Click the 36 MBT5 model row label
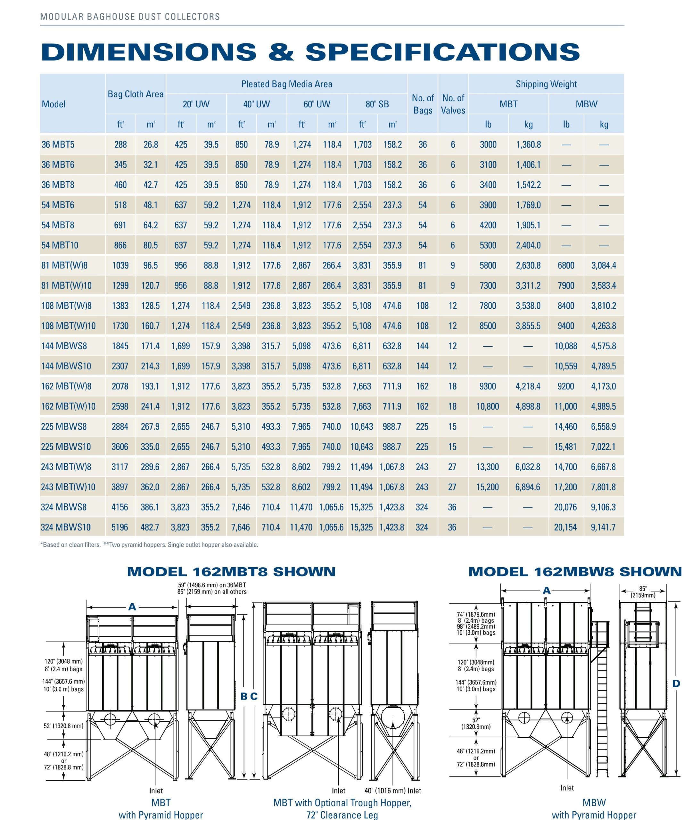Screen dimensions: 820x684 (58, 144)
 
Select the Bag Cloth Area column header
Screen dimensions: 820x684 (136, 94)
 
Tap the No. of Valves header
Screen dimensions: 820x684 (453, 104)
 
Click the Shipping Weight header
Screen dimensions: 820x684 (546, 84)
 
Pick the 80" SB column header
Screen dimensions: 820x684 (377, 104)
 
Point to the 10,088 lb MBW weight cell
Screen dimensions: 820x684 (566, 346)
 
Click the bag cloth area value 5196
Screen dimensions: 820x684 (119, 527)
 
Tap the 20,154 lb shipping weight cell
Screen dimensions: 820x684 (565, 527)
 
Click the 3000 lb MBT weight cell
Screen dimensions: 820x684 (488, 144)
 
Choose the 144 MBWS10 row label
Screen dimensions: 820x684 (66, 366)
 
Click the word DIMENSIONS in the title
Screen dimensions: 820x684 (148, 52)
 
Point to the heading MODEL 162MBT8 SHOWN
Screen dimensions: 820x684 (231, 572)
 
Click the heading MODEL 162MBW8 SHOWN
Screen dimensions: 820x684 (575, 572)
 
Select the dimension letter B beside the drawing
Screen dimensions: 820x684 (244, 696)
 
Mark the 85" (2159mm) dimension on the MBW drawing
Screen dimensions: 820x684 (643, 592)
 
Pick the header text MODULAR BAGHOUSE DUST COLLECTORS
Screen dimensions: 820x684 (130, 17)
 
